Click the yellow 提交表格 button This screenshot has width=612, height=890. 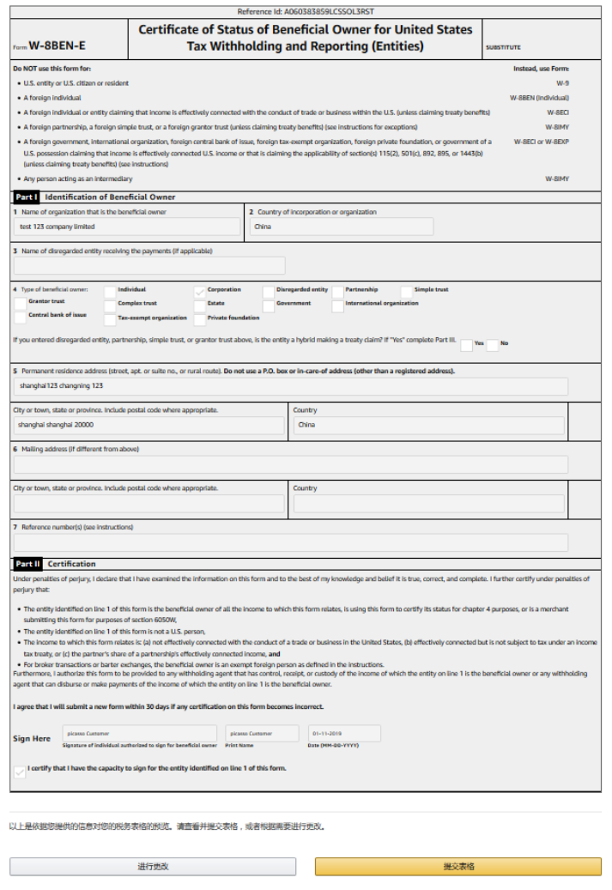tap(458, 866)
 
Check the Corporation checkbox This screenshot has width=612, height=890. tap(200, 291)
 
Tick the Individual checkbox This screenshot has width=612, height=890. tap(110, 291)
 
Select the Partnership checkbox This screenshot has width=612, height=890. tap(338, 291)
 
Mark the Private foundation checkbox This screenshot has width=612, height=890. tap(200, 319)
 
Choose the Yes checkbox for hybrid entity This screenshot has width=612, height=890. tap(466, 345)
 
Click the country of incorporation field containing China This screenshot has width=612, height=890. tap(341, 227)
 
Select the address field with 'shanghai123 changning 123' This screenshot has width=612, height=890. tap(290, 386)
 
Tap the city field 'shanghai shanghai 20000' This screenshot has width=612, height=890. tap(148, 425)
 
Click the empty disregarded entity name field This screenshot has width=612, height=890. tap(148, 266)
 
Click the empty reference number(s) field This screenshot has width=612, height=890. tap(290, 542)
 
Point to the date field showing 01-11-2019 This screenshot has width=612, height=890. tap(344, 734)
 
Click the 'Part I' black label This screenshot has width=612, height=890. tap(27, 197)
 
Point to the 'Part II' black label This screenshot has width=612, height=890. tap(27, 564)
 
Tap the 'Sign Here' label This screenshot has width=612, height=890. tap(32, 738)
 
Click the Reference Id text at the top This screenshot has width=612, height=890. tap(306, 12)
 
